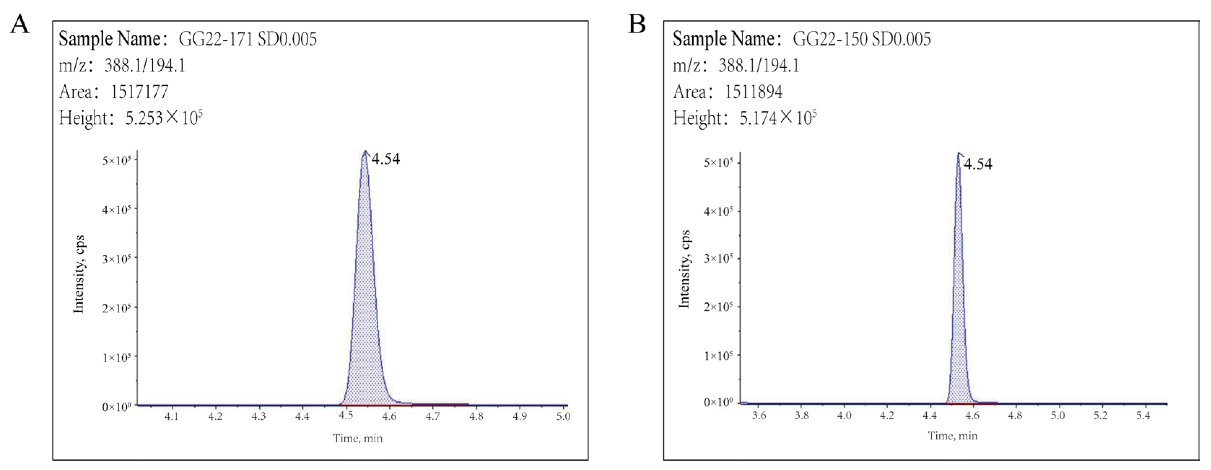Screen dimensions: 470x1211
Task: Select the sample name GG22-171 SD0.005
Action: tap(247, 39)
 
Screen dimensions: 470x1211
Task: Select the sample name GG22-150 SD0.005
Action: tap(861, 39)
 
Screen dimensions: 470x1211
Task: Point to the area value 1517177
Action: tap(139, 92)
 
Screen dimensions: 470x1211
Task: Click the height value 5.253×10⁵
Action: tap(164, 118)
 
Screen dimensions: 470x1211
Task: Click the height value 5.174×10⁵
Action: tap(777, 118)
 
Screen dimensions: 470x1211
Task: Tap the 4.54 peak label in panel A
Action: tap(385, 159)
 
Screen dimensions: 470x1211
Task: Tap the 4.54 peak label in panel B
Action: tap(978, 164)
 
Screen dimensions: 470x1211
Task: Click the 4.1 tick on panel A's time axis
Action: tap(172, 416)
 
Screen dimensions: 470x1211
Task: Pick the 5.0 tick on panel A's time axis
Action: tap(563, 416)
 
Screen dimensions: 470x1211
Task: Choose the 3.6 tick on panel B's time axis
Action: tap(759, 416)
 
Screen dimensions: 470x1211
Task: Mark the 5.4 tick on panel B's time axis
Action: tap(1143, 416)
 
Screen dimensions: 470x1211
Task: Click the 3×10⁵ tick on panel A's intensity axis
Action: tap(116, 259)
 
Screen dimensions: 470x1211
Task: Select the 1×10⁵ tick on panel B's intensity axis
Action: tap(718, 356)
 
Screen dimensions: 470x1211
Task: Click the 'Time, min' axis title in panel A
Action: tap(358, 439)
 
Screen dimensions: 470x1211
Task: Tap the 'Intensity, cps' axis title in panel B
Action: tap(684, 269)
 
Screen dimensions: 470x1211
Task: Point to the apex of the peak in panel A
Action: tap(365, 151)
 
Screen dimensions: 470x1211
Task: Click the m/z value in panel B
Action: tap(759, 65)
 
